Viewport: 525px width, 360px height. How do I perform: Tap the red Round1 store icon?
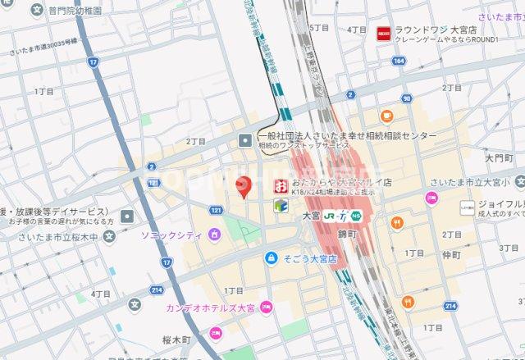383,33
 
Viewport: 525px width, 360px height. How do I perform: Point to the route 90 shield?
407,98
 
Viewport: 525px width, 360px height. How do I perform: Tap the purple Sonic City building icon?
214,235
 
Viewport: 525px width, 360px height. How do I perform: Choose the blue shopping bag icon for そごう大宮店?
270,257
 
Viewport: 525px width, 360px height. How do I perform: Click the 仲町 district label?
453,255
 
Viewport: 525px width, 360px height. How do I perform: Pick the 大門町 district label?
497,157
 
